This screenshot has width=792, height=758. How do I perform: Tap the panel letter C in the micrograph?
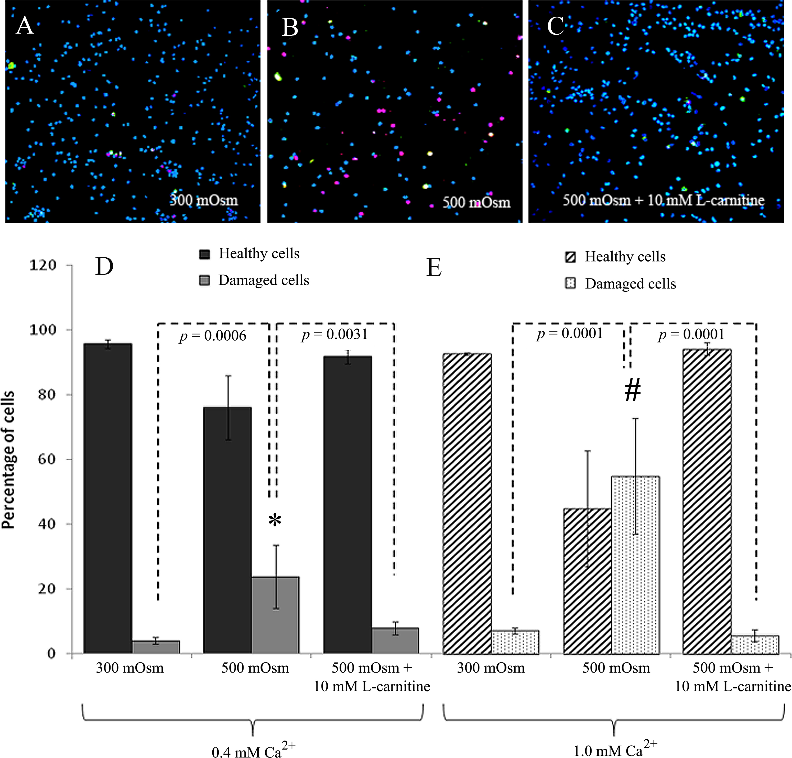(555, 27)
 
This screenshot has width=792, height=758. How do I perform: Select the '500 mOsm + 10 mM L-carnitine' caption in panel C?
(663, 200)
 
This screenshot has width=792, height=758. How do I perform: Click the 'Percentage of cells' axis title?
(8, 460)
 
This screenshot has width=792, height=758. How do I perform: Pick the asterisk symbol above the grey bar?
(275, 520)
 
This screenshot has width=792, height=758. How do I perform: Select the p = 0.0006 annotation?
(213, 336)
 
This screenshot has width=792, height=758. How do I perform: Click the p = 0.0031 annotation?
(335, 335)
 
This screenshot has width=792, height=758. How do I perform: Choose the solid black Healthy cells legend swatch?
(204, 254)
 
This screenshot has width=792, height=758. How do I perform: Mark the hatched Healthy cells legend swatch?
(570, 257)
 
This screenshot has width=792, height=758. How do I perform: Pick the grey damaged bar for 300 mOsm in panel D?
(156, 647)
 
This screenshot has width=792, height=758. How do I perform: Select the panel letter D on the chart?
(104, 267)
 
